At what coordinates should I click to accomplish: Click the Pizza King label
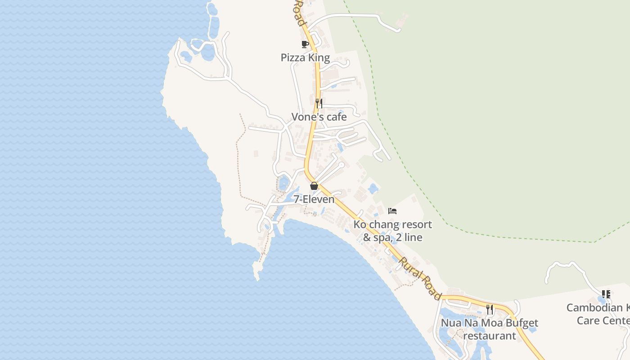pyautogui.click(x=305, y=58)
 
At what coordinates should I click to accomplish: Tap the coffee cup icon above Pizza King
pyautogui.click(x=305, y=44)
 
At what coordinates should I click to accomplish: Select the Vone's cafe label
pyautogui.click(x=319, y=117)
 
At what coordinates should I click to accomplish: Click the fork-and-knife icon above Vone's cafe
pyautogui.click(x=319, y=103)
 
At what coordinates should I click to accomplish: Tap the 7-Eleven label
pyautogui.click(x=314, y=199)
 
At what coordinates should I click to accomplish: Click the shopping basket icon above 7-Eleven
pyautogui.click(x=314, y=186)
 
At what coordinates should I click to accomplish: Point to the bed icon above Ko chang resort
pyautogui.click(x=392, y=211)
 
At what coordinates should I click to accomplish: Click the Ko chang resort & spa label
pyautogui.click(x=392, y=230)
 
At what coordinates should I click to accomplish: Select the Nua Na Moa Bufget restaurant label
pyautogui.click(x=489, y=329)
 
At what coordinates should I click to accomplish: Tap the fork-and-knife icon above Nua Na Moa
pyautogui.click(x=490, y=309)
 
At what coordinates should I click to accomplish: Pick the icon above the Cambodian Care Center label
pyautogui.click(x=606, y=294)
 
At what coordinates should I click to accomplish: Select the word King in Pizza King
pyautogui.click(x=319, y=58)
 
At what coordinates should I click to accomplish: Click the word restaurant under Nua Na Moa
pyautogui.click(x=489, y=336)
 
